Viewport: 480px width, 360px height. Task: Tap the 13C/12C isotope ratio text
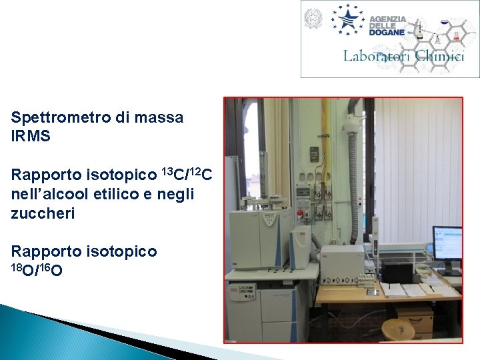coord(187,176)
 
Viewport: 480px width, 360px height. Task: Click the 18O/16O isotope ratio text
coord(37,269)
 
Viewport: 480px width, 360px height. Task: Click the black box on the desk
coord(401,273)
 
